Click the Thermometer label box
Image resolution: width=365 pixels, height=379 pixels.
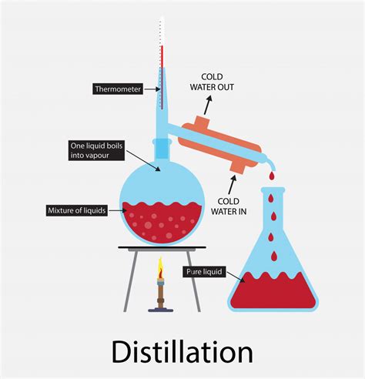click(x=118, y=89)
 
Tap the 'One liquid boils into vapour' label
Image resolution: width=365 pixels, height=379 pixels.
click(x=96, y=150)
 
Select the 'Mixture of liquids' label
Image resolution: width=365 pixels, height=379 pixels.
click(x=77, y=210)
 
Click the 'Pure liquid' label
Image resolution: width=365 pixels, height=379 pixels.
click(x=204, y=272)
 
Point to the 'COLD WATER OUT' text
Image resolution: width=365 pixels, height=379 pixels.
click(x=212, y=82)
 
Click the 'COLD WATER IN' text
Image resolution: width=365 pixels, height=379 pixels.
click(x=229, y=206)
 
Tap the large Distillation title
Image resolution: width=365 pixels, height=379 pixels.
click(x=182, y=351)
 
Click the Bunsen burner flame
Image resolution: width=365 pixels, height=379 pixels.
click(x=160, y=267)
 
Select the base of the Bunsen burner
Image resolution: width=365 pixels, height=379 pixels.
click(x=161, y=310)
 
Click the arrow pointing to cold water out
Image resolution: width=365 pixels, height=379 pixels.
click(x=208, y=106)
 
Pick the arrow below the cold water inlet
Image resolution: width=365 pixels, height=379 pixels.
click(x=232, y=185)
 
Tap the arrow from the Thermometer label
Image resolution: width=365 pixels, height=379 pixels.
click(x=152, y=89)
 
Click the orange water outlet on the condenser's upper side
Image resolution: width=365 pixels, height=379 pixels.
click(x=203, y=121)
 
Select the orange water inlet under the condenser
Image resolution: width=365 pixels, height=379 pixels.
click(x=237, y=167)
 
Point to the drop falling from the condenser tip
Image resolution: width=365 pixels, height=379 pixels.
click(x=272, y=176)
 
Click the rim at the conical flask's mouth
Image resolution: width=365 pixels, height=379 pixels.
click(x=273, y=190)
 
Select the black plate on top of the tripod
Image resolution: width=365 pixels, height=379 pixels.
click(x=162, y=247)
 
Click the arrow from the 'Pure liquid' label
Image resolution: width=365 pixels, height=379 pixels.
click(x=236, y=277)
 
